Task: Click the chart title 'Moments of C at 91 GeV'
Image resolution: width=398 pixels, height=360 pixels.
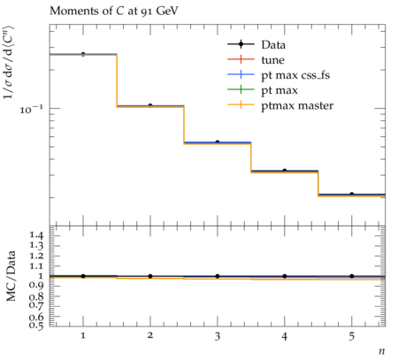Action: (114, 11)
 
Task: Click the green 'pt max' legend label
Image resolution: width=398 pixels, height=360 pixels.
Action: (279, 90)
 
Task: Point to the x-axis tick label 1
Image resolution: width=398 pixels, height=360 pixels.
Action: (83, 335)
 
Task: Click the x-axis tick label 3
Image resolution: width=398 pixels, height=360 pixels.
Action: (218, 336)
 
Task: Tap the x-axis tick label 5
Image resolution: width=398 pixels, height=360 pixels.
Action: (351, 336)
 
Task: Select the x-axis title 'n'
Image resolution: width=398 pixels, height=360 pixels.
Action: (382, 351)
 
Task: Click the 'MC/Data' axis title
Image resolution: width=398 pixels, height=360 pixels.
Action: (11, 276)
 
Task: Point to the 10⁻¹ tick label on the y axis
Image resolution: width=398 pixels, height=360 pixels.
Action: (31, 110)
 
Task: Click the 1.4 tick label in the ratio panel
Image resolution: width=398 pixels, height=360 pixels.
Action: (36, 235)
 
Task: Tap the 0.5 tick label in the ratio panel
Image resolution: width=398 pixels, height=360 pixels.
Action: (36, 326)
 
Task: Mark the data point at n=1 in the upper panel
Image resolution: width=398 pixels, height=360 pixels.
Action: (83, 54)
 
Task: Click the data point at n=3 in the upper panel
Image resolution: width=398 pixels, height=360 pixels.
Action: (218, 142)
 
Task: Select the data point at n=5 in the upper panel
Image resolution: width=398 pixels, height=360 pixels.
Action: (352, 194)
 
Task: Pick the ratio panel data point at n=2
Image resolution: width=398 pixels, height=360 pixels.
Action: (150, 276)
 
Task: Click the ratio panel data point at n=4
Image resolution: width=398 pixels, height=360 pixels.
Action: (285, 276)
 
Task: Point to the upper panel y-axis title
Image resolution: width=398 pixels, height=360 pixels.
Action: (9, 63)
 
